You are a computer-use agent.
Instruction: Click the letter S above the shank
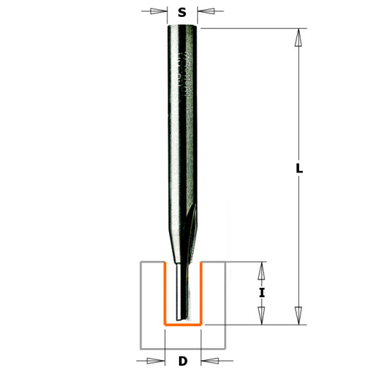pos(182,12)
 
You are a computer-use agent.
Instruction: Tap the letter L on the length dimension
pos(299,169)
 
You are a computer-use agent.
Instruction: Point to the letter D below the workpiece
pos(182,361)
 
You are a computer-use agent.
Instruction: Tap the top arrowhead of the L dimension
pos(299,37)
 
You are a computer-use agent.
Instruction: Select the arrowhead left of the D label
pos(156,361)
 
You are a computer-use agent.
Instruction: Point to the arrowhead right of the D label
pos(209,361)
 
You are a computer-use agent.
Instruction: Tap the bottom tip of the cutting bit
pos(182,318)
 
